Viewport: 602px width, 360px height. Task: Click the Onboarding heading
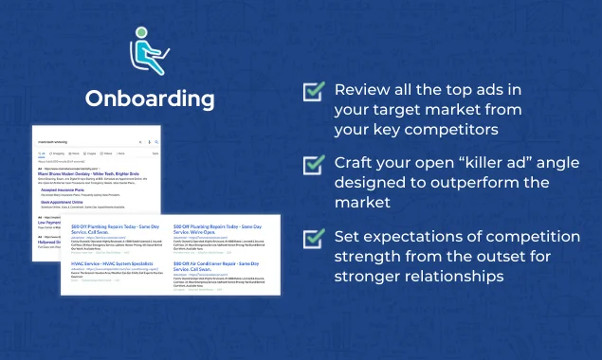point(150,99)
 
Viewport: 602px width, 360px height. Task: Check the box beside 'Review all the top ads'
point(313,92)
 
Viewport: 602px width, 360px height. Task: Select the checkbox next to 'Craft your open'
point(313,164)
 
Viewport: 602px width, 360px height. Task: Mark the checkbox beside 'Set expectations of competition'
point(313,236)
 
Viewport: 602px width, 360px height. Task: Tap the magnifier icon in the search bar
point(156,141)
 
